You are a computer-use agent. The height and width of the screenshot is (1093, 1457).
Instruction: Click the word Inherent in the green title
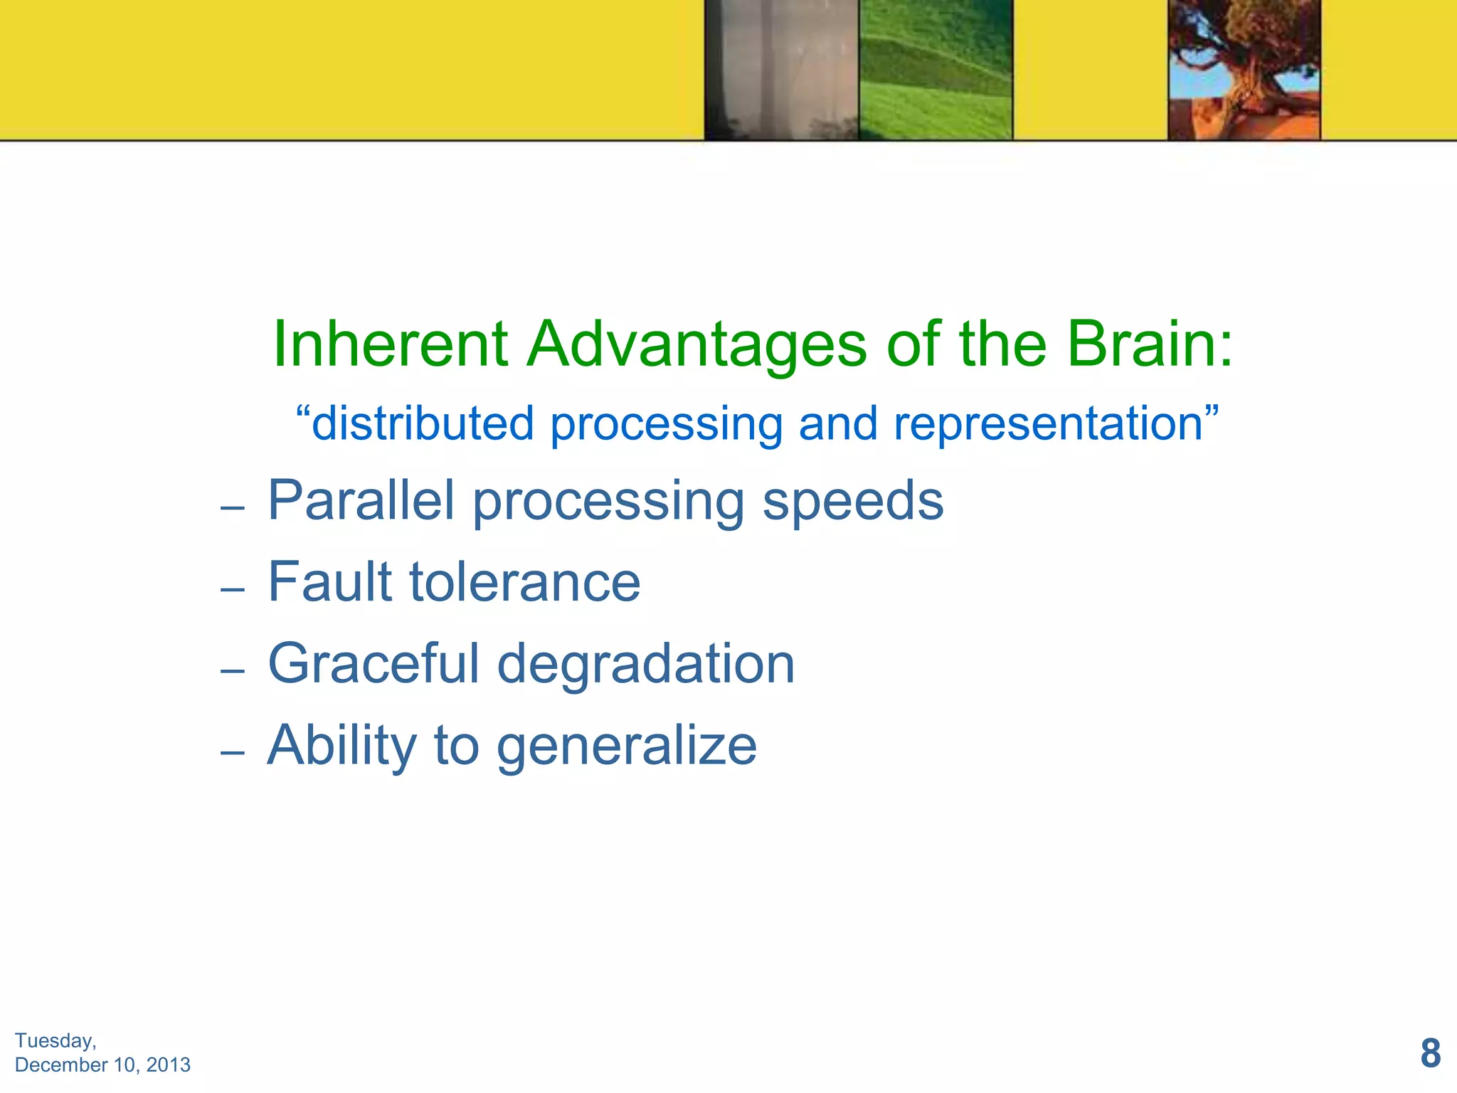pyautogui.click(x=390, y=344)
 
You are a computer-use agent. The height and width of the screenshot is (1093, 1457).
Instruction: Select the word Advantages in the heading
pyautogui.click(x=696, y=344)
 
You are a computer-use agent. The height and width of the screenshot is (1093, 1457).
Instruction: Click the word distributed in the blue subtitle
pyautogui.click(x=423, y=424)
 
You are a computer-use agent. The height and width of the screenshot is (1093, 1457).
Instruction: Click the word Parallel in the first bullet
pyautogui.click(x=361, y=501)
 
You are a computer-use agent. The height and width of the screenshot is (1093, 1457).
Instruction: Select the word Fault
pyautogui.click(x=329, y=582)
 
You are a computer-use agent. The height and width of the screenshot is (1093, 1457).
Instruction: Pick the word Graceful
pyautogui.click(x=373, y=665)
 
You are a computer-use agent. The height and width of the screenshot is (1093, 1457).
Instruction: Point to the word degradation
pyautogui.click(x=645, y=665)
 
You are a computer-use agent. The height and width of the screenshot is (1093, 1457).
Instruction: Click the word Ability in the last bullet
pyautogui.click(x=341, y=746)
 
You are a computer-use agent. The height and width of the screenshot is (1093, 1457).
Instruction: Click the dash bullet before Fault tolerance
pyautogui.click(x=233, y=590)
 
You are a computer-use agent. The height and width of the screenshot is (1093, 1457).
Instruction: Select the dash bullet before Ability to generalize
pyautogui.click(x=233, y=752)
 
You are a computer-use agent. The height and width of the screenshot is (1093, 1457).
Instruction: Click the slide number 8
pyautogui.click(x=1430, y=1054)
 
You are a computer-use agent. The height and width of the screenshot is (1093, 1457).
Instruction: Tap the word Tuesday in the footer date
pyautogui.click(x=54, y=1041)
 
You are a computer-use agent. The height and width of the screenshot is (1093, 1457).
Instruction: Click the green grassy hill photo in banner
pyautogui.click(x=936, y=70)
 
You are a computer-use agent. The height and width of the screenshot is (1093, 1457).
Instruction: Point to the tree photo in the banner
pyautogui.click(x=1244, y=70)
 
